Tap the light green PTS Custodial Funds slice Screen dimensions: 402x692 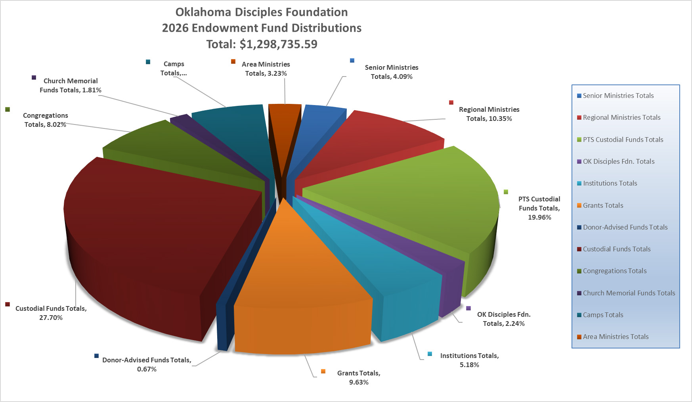[x=416, y=198]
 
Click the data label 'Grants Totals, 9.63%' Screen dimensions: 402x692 [x=358, y=377]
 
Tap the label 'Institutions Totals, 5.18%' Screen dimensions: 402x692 [x=469, y=360]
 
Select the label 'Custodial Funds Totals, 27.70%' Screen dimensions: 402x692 [x=51, y=313]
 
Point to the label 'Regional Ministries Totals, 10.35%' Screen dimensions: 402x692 [x=489, y=114]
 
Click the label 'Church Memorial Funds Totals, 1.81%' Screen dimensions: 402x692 [x=70, y=85]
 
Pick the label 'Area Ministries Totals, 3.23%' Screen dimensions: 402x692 [x=266, y=69]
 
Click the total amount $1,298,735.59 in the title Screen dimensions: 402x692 [x=278, y=44]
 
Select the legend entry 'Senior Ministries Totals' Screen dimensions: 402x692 [x=618, y=96]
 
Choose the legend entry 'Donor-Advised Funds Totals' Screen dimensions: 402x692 [x=625, y=227]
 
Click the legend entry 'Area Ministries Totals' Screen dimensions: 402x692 [x=616, y=337]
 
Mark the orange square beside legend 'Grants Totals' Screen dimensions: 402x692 [x=579, y=205]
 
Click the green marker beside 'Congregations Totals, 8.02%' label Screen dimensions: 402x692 [x=8, y=109]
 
